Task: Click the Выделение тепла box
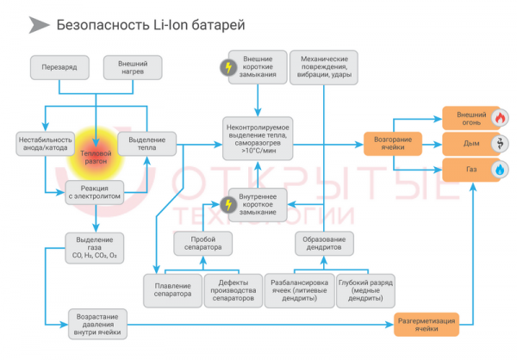pyautogui.click(x=152, y=145)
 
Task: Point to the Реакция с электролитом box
pyautogui.click(x=95, y=191)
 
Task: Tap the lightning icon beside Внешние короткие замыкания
pyautogui.click(x=227, y=67)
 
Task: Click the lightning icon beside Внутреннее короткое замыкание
pyautogui.click(x=227, y=203)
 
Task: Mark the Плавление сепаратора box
pyautogui.click(x=172, y=289)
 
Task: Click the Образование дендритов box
pyautogui.click(x=324, y=243)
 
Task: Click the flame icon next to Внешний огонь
pyautogui.click(x=499, y=117)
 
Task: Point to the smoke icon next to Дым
pyautogui.click(x=499, y=143)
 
